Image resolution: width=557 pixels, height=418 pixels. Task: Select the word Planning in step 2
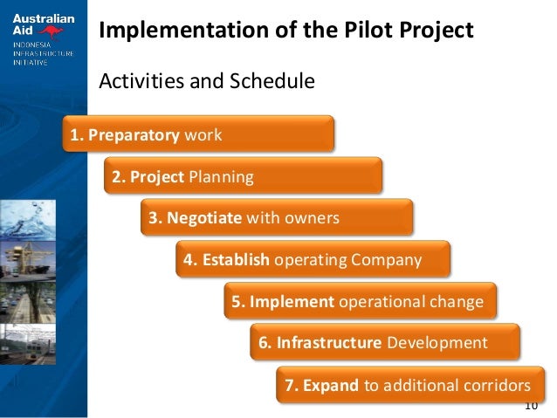tap(221, 177)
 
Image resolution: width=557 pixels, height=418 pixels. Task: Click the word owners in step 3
tap(311, 218)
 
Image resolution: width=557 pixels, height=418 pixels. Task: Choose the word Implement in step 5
tap(292, 302)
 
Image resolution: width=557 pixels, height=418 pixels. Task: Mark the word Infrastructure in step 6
tap(329, 343)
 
